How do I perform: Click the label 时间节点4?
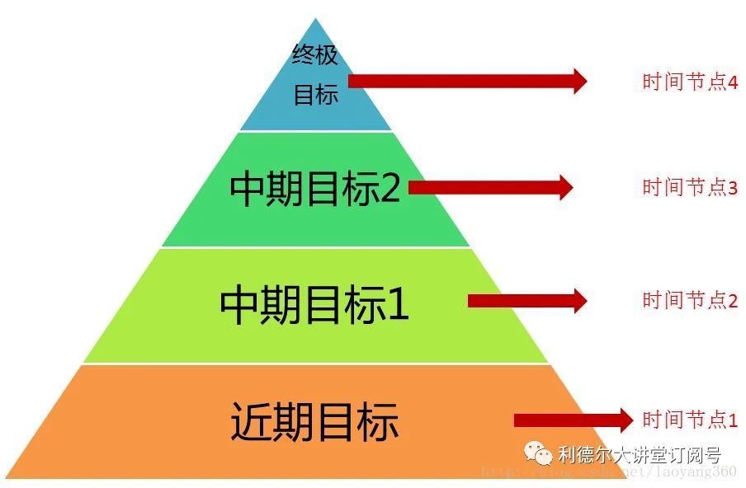pyautogui.click(x=689, y=82)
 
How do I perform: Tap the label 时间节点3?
pyautogui.click(x=689, y=187)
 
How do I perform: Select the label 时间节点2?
pyautogui.click(x=689, y=300)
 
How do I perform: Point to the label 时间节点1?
pyautogui.click(x=689, y=420)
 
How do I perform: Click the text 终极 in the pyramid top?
pyautogui.click(x=315, y=55)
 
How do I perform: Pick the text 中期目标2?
pyautogui.click(x=314, y=190)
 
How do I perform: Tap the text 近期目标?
pyautogui.click(x=314, y=422)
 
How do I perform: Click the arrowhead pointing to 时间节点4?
pyautogui.click(x=578, y=81)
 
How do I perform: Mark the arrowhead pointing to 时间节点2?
pyautogui.click(x=578, y=300)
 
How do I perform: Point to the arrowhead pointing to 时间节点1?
pyautogui.click(x=625, y=420)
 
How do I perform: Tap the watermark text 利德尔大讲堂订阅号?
pyautogui.click(x=640, y=455)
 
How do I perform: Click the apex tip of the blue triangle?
pyautogui.click(x=316, y=20)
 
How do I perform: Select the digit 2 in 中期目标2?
pyautogui.click(x=389, y=190)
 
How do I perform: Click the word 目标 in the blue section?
pyautogui.click(x=316, y=95)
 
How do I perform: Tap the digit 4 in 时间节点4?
pyautogui.click(x=733, y=82)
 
